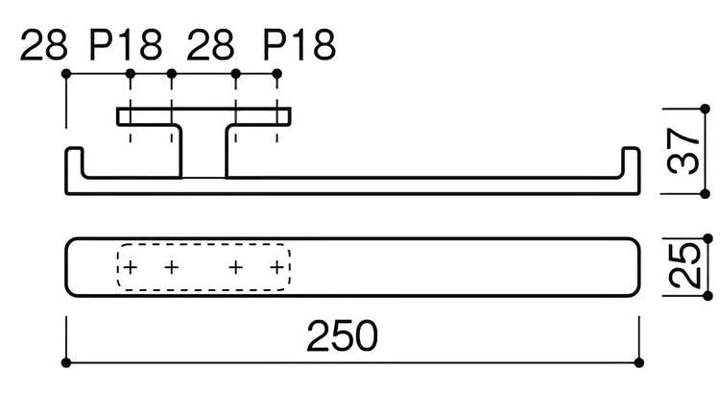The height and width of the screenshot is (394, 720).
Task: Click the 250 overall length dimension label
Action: [343, 335]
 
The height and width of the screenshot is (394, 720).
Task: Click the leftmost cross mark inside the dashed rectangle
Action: [131, 266]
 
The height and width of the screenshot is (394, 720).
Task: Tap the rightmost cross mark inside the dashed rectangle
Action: [277, 266]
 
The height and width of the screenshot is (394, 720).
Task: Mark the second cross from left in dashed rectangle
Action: [171, 266]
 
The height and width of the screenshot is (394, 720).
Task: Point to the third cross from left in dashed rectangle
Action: [236, 266]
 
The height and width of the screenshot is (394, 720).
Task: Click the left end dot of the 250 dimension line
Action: [66, 362]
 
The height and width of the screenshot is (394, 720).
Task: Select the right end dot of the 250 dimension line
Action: [640, 362]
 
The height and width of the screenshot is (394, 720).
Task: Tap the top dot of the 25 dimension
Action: [708, 237]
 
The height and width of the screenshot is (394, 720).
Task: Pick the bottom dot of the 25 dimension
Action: [708, 292]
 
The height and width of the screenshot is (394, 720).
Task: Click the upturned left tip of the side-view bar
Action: [74, 154]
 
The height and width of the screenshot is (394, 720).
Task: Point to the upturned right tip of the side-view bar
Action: [631, 154]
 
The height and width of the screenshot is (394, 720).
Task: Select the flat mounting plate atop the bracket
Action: [204, 116]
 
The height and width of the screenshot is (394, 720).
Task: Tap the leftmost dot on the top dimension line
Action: [66, 73]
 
